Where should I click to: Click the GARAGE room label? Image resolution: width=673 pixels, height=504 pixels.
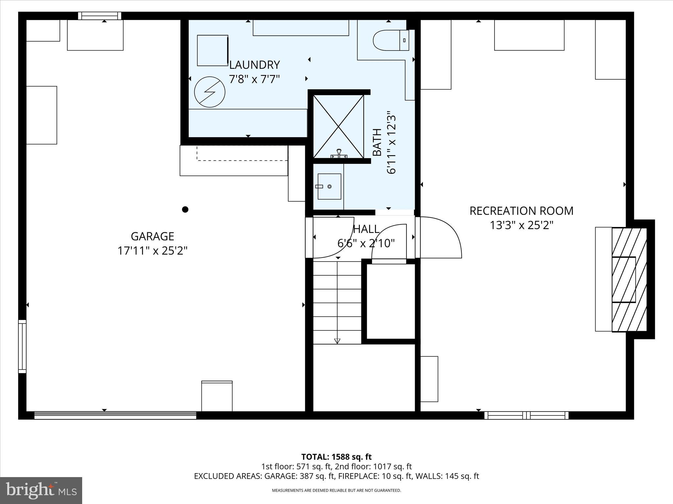152,236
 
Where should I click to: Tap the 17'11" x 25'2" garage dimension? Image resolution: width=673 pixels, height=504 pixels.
152,251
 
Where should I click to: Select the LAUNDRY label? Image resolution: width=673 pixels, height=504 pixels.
254,65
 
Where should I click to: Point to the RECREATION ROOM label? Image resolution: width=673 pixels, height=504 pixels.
521,211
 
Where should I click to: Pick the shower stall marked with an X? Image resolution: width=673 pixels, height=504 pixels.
338,126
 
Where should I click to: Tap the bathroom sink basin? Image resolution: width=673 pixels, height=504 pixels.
329,186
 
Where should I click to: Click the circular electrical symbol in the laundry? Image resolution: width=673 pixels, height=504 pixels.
210,92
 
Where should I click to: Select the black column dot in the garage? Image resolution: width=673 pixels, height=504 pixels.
185,209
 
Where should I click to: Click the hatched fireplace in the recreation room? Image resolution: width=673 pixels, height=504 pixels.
628,280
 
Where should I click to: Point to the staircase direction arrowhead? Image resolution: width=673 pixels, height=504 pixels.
337,341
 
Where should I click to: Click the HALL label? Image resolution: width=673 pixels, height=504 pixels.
366,229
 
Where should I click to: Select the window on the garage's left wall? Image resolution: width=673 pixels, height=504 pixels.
22,346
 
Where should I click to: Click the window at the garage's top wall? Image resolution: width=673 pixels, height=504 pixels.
100,16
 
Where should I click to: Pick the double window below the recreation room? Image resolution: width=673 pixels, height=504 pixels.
526,415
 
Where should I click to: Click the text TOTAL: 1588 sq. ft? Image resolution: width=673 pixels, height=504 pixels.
336,457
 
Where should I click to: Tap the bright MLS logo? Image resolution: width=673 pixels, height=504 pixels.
41,490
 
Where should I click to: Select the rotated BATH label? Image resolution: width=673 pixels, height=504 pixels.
377,142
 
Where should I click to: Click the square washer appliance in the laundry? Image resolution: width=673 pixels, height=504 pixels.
213,51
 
